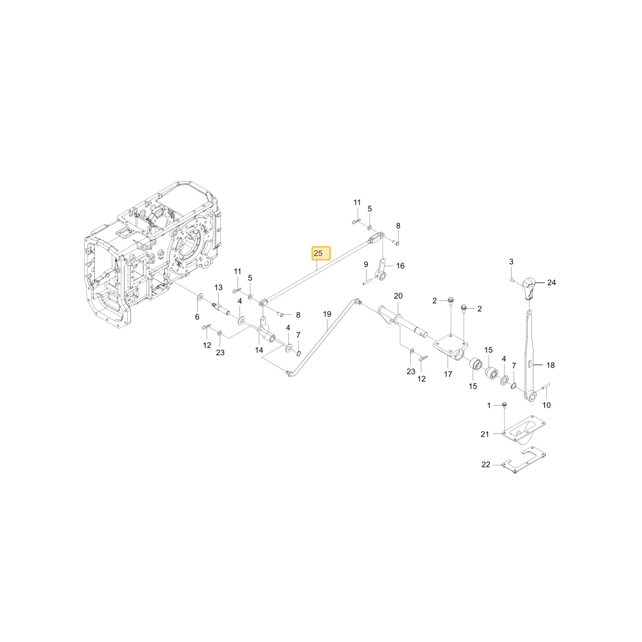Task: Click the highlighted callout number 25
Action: point(318,254)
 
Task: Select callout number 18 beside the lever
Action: point(550,365)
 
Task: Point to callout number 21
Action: point(485,434)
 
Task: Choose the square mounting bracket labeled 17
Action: point(451,347)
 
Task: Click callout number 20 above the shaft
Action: point(398,295)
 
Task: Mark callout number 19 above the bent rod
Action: point(327,314)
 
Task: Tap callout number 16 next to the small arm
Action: point(400,266)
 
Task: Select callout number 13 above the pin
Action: point(218,288)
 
